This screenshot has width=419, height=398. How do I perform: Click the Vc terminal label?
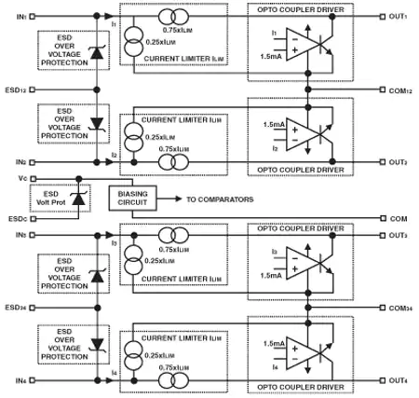pyautogui.click(x=8, y=177)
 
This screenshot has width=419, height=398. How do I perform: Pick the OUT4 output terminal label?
pyautogui.click(x=401, y=380)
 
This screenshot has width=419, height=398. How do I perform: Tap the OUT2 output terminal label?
pyautogui.click(x=401, y=162)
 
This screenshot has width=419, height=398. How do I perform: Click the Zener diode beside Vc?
pyautogui.click(x=80, y=198)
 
